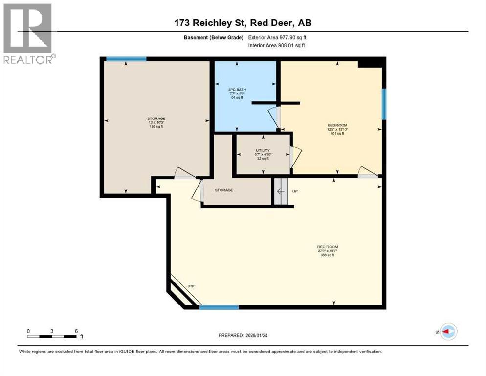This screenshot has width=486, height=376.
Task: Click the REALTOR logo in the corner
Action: [28, 33]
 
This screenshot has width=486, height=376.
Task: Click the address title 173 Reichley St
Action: [243, 23]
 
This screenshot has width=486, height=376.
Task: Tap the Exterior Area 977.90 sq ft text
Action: [277, 37]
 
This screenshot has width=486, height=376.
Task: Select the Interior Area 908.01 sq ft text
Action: [277, 45]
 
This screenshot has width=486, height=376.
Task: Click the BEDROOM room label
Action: [337, 126]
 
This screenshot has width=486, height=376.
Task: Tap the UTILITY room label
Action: [263, 150]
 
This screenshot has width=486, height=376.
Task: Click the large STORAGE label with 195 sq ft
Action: [156, 118]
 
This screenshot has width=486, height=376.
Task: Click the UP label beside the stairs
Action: [294, 191]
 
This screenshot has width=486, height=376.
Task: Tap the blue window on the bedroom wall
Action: [384, 104]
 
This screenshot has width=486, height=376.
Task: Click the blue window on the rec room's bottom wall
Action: [219, 307]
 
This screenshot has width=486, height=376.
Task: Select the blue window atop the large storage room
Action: [126, 59]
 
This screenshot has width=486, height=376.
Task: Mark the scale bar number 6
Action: [76, 331]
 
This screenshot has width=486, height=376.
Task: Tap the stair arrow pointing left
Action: [281, 191]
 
